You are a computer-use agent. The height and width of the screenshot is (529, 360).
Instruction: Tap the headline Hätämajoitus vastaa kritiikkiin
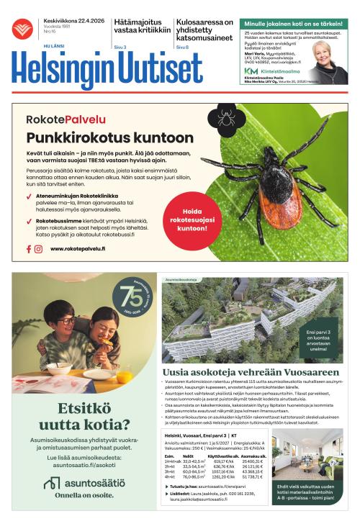click(x=142, y=27)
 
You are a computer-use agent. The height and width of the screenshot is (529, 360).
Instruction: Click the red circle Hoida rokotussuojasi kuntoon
click(x=192, y=218)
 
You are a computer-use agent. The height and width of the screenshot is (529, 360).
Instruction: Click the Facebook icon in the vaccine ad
click(x=30, y=249)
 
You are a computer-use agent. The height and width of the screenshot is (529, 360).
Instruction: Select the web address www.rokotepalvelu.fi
click(x=78, y=249)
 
